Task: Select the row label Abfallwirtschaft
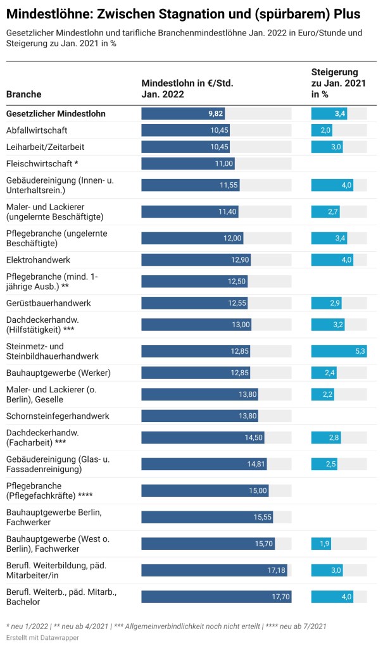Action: pos(45,130)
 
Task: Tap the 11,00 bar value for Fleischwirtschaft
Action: pos(224,163)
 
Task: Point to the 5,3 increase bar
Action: pos(339,351)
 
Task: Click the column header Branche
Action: pos(24,94)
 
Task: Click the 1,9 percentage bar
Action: pos(320,544)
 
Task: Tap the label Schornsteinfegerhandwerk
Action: pos(58,416)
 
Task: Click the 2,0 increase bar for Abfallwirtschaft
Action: pos(322,130)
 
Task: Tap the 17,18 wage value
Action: pos(276,570)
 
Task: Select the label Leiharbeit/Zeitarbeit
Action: pos(45,147)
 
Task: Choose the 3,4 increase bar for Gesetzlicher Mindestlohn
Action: pos(329,114)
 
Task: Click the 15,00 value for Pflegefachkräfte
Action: pos(258,490)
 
